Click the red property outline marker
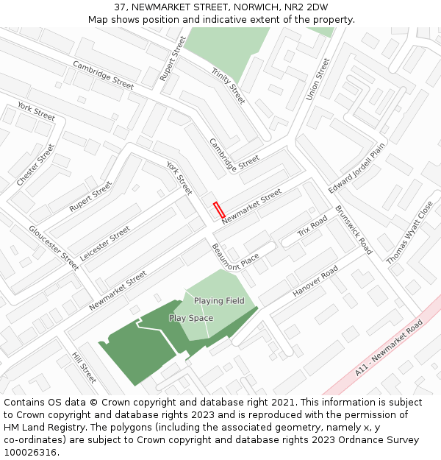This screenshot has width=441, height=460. click(x=219, y=209)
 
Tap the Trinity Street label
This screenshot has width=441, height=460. click(x=228, y=85)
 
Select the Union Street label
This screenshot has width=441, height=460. click(x=318, y=80)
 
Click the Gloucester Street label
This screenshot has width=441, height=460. click(x=54, y=248)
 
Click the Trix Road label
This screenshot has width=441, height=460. click(x=312, y=227)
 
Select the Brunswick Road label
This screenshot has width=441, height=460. click(x=354, y=230)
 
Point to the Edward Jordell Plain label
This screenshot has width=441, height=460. click(x=356, y=169)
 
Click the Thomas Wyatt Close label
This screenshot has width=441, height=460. click(x=410, y=233)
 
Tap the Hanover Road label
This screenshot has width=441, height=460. click(x=315, y=281)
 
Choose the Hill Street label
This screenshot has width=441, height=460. click(x=84, y=367)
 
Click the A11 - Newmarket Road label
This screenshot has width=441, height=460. click(x=390, y=348)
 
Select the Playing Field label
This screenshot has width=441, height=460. click(x=219, y=301)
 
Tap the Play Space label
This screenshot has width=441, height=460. click(x=191, y=318)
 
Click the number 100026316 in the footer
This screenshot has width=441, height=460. click(x=31, y=453)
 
